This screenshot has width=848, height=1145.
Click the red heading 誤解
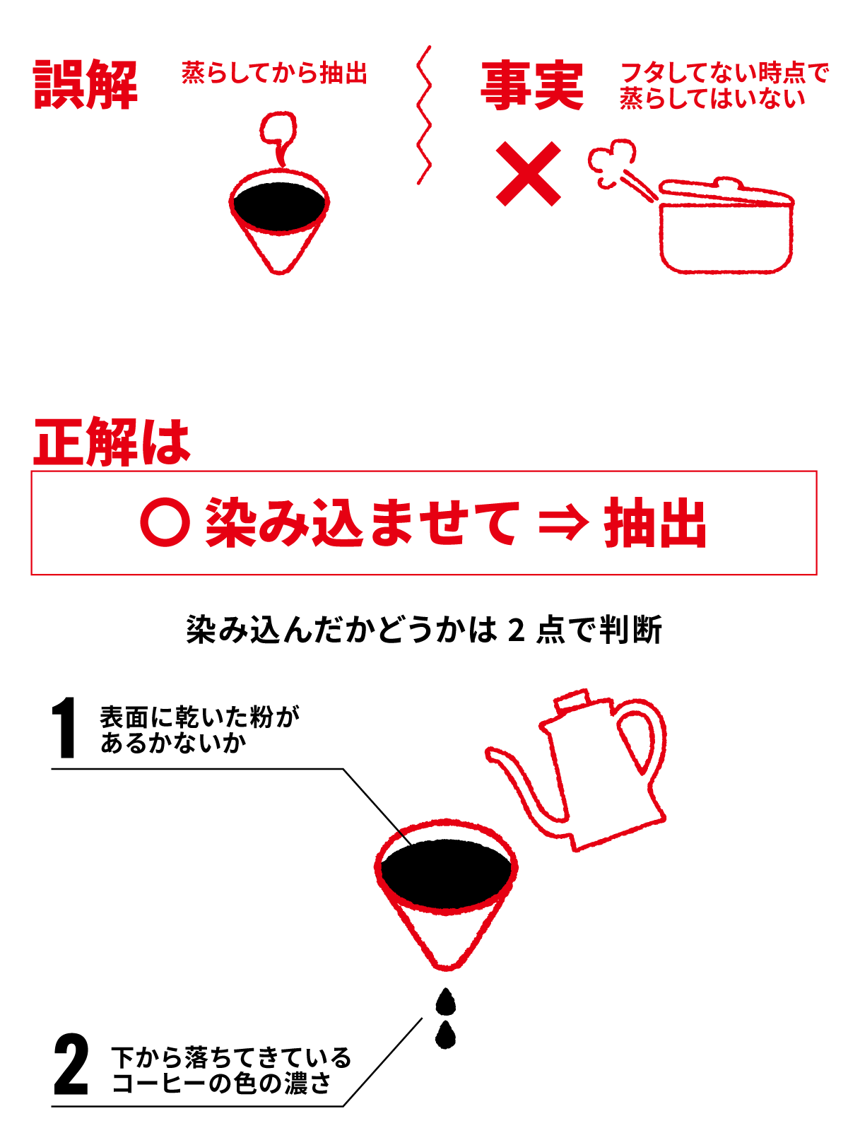coord(86,84)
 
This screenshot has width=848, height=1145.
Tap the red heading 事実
coord(532,86)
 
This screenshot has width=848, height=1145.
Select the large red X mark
coord(528,173)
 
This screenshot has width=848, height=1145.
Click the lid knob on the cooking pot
coord(727,183)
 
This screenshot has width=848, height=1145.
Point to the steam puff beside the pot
coord(611,158)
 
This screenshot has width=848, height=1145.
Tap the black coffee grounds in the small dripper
coord(279,206)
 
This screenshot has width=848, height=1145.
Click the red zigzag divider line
coord(424,114)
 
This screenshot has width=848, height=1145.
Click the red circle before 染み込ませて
coord(165,522)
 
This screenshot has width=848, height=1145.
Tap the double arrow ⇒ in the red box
coord(563,523)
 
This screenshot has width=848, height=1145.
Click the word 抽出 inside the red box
coord(654,522)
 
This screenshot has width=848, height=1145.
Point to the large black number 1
coord(64,727)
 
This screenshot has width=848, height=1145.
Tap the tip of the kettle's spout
coord(488,753)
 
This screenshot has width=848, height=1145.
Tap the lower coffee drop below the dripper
coord(445,1035)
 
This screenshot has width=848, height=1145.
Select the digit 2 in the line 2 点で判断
coord(516,630)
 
